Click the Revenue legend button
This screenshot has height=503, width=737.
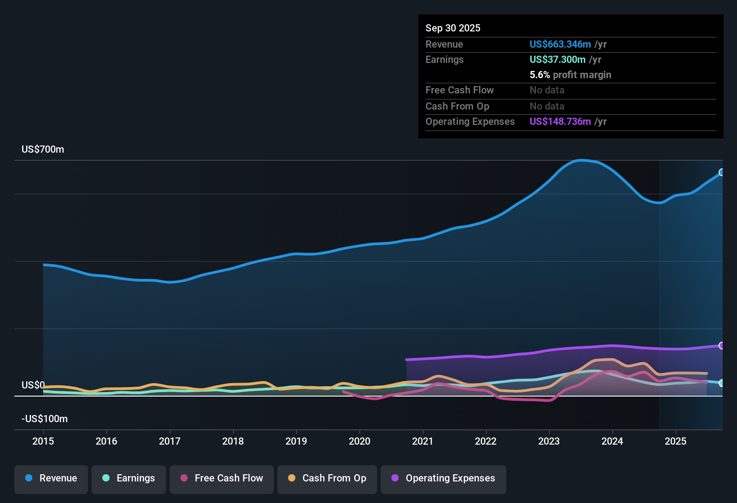51,478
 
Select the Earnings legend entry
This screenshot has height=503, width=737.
129,478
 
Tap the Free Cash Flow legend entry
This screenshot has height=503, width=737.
222,478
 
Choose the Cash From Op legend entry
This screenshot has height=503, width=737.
327,478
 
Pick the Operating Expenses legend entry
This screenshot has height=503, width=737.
443,478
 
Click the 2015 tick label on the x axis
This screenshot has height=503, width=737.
43,441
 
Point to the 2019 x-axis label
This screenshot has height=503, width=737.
296,441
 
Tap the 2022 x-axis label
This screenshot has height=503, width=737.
486,441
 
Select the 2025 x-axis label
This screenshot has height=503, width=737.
676,441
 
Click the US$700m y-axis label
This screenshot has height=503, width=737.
43,150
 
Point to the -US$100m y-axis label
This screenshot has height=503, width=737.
44,419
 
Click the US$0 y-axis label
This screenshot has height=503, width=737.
33,385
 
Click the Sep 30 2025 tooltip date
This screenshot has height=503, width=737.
453,28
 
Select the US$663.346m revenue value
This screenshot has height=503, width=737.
560,44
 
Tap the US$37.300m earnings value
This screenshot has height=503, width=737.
557,59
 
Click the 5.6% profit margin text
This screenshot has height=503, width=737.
570,75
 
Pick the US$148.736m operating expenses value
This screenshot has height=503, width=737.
560,121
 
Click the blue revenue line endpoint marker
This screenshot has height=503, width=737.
722,172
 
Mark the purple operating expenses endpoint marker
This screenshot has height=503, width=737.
722,345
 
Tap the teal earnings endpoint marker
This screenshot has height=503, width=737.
722,383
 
